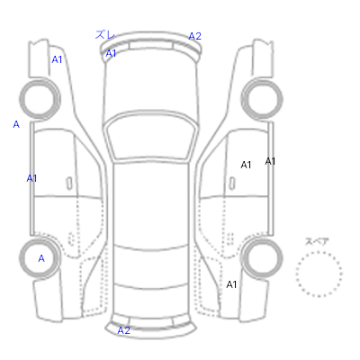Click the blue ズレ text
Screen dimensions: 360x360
pos(104,34)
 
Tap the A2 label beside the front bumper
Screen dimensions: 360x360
pos(194,36)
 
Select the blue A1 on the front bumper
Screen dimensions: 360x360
pos(111,53)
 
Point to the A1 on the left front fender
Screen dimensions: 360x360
pos(57,59)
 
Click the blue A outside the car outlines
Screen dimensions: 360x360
pos(16,124)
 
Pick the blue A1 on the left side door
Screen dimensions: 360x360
pos(31,178)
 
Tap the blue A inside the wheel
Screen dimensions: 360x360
pos(41,258)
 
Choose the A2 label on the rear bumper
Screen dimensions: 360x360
pos(123,330)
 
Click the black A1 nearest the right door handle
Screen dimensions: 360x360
pos(246,165)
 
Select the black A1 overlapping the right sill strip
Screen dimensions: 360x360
pos(270,161)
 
